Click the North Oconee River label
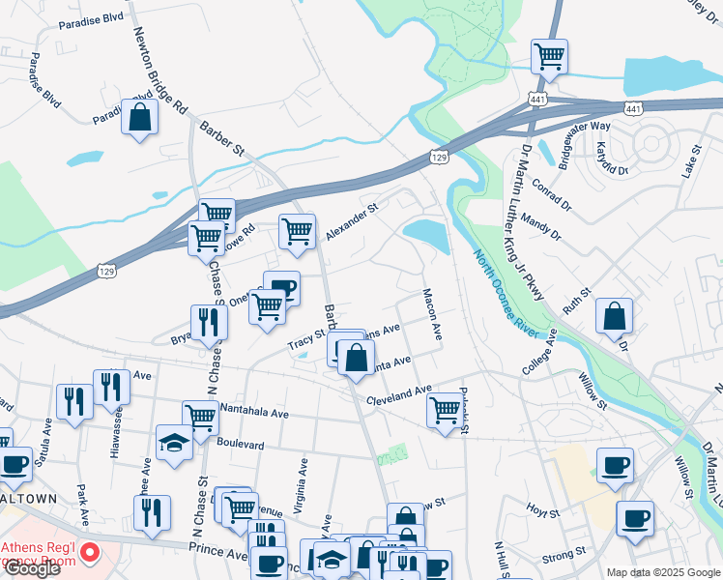point(506,294)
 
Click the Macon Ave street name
point(431,315)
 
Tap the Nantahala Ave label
point(254,413)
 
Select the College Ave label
point(540,351)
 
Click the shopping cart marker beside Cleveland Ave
point(445,409)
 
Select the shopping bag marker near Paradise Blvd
point(140,118)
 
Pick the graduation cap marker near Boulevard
point(174,442)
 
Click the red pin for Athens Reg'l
point(89,554)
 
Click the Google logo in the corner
point(32,567)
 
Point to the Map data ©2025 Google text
point(662,571)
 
